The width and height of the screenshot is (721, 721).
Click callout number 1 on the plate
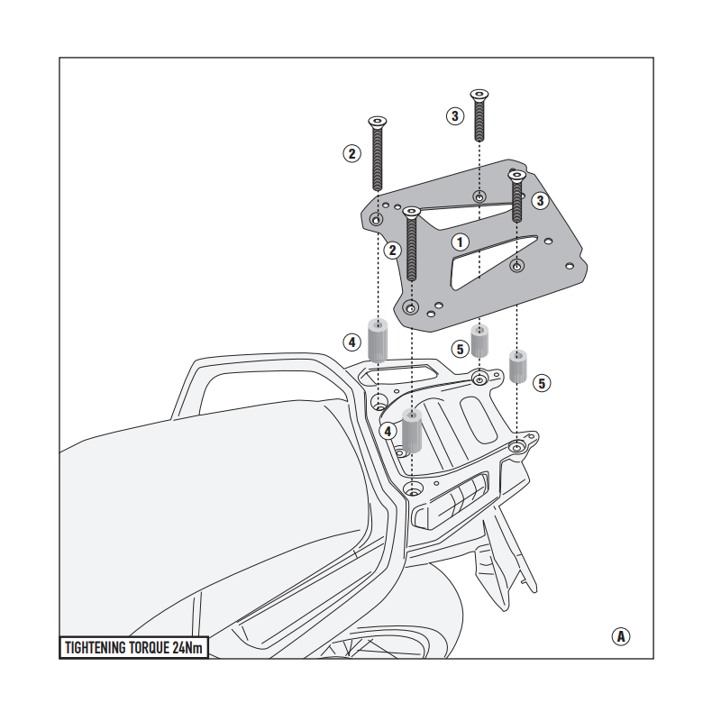pyautogui.click(x=460, y=242)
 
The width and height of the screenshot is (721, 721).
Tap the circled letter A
pyautogui.click(x=620, y=636)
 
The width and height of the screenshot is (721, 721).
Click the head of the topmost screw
pyautogui.click(x=479, y=94)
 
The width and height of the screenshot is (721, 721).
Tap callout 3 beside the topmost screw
pyautogui.click(x=456, y=115)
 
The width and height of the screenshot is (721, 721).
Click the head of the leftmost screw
pyautogui.click(x=378, y=123)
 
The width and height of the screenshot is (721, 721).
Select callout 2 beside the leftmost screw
pyautogui.click(x=351, y=153)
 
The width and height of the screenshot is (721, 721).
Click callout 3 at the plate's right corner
pyautogui.click(x=540, y=200)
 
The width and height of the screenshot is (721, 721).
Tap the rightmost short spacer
pyautogui.click(x=518, y=365)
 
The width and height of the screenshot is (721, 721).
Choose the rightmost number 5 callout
pyautogui.click(x=541, y=383)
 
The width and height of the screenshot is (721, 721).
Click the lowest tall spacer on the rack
pyautogui.click(x=412, y=431)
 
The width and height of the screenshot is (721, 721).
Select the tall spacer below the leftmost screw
pyautogui.click(x=376, y=341)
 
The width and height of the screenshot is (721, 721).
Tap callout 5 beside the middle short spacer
pyautogui.click(x=460, y=349)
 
